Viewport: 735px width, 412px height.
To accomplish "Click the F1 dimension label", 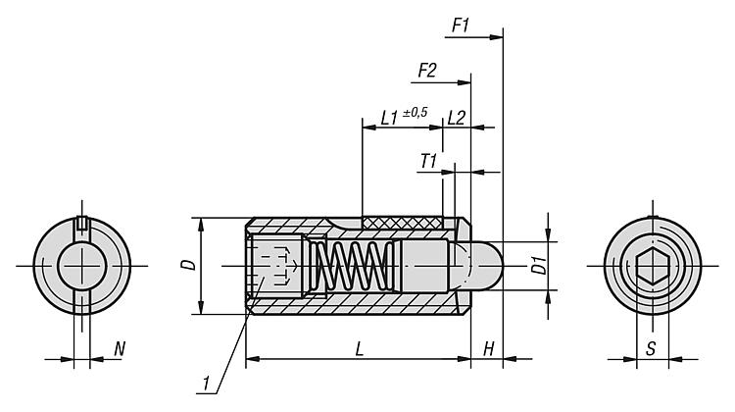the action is click(x=461, y=26).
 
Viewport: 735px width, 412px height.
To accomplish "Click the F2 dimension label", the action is click(x=427, y=71).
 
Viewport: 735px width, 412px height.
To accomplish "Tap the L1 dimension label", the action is click(x=389, y=118).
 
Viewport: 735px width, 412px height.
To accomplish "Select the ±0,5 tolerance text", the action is click(x=415, y=113).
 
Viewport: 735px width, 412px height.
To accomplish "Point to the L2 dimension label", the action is click(x=456, y=118).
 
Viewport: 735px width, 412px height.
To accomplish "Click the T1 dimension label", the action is click(x=428, y=162).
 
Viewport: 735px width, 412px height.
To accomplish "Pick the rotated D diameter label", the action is click(x=189, y=265).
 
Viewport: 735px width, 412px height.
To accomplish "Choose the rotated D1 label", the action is click(x=540, y=265).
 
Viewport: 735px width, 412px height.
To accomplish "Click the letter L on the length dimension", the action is click(x=360, y=348).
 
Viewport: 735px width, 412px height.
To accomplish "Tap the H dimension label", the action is click(x=488, y=348).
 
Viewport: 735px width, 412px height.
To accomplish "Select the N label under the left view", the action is click(x=120, y=348).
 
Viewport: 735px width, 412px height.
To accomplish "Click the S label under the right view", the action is click(x=651, y=348).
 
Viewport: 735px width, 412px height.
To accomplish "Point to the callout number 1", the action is click(x=206, y=384).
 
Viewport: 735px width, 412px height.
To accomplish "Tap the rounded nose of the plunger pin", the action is click(x=487, y=266).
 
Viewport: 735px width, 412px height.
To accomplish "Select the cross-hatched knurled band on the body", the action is click(x=402, y=223).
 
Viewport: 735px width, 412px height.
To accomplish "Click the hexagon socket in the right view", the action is click(x=653, y=267).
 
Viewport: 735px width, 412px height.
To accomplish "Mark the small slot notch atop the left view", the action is click(x=82, y=223).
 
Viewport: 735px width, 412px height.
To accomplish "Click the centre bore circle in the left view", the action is click(x=82, y=266).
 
